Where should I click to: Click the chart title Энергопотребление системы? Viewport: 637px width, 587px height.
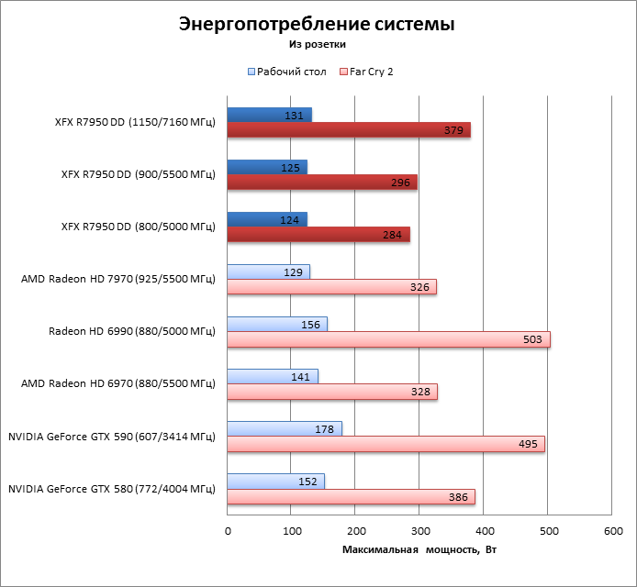tap(317, 24)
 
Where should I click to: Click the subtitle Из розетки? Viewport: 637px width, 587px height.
tap(318, 43)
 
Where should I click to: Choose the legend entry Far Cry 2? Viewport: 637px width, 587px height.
tap(373, 71)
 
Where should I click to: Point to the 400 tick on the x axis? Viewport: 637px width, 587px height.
tap(484, 531)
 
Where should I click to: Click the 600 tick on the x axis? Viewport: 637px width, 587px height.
tap(612, 531)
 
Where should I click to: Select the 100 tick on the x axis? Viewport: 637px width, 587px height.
tap(291, 531)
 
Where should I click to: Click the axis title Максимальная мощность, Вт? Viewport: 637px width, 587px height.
tap(419, 549)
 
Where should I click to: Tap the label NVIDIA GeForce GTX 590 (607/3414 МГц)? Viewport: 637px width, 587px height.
tap(111, 437)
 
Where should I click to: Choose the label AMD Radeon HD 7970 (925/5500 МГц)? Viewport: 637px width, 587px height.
tap(117, 279)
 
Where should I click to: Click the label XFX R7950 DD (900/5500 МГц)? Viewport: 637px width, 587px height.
tap(138, 174)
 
